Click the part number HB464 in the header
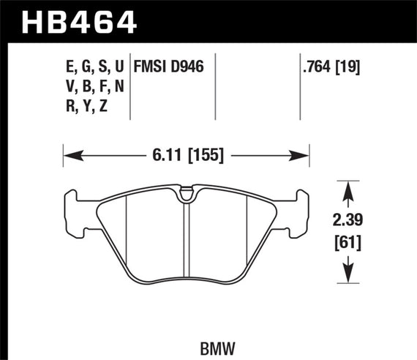pyautogui.click(x=81, y=20)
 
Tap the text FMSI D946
pyautogui.click(x=168, y=66)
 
